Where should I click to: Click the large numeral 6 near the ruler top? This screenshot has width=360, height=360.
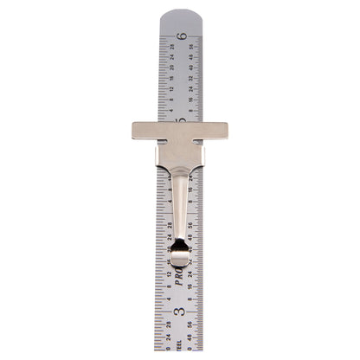181,35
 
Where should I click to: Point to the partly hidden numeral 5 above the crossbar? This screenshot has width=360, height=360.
181,119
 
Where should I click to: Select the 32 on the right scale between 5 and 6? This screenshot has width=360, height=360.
190,78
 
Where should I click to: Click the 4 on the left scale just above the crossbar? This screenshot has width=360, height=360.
170,110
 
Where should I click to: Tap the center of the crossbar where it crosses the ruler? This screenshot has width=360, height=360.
180,133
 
